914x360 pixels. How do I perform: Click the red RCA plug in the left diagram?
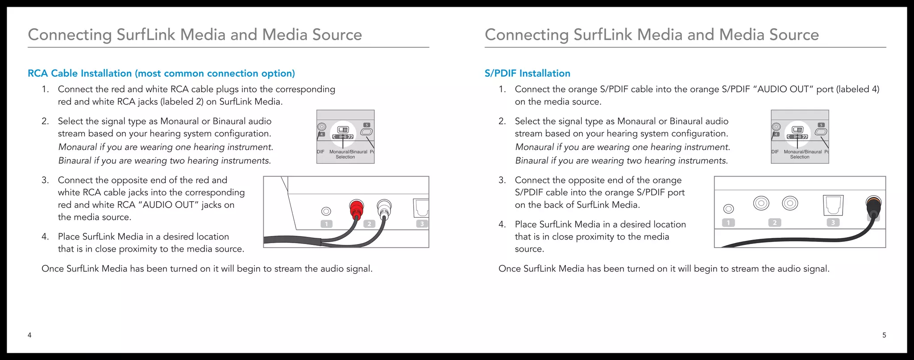coord(356,208)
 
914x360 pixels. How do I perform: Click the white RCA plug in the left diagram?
coord(384,208)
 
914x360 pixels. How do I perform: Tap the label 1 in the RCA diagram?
coord(327,224)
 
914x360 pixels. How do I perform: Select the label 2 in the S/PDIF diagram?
coord(775,222)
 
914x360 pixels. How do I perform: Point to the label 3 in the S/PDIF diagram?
coord(833,222)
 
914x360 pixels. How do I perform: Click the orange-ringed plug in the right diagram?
coord(873,206)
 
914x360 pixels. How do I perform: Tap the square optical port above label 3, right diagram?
coord(833,204)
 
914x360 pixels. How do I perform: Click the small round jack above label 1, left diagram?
coord(326,211)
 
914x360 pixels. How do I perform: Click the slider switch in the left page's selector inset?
coord(343,130)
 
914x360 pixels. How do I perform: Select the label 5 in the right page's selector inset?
coord(821,125)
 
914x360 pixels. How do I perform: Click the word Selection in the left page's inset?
coord(345,157)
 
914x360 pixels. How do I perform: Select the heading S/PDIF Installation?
coord(527,74)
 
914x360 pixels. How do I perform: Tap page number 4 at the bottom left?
coord(29,335)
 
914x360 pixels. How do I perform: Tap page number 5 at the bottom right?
coord(884,335)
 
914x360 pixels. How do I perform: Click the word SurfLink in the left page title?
coord(145,35)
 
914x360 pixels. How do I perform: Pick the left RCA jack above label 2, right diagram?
coord(761,203)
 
